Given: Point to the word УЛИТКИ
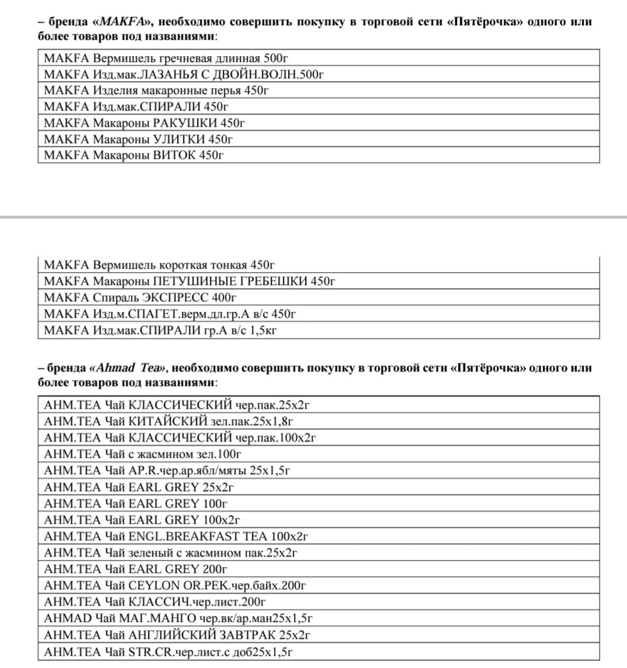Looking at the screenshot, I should tap(179, 139).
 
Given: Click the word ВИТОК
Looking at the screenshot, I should tap(174, 155).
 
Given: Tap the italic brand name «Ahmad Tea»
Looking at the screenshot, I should tap(127, 368).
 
